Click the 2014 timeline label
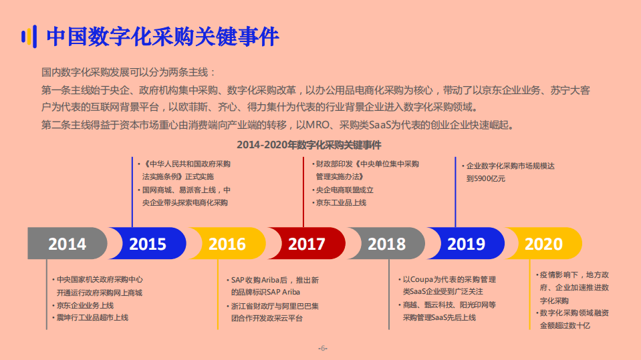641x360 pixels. [67, 244]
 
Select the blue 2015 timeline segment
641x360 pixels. [148, 244]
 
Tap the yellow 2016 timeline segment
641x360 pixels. [227, 244]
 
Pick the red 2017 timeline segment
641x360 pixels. [307, 244]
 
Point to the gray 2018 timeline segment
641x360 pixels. [386, 244]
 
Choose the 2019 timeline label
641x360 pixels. [466, 244]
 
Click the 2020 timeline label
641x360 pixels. [543, 244]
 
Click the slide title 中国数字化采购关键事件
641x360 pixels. [162, 37]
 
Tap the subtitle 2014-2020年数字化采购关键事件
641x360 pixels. [309, 144]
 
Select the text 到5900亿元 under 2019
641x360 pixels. [486, 178]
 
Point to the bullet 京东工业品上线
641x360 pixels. [341, 202]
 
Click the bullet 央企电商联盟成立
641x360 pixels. [344, 190]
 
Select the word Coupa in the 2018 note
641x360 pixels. [420, 279]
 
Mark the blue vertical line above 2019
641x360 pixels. [455, 194]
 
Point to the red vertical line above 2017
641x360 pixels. [304, 194]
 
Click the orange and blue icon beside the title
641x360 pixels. [28, 37]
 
